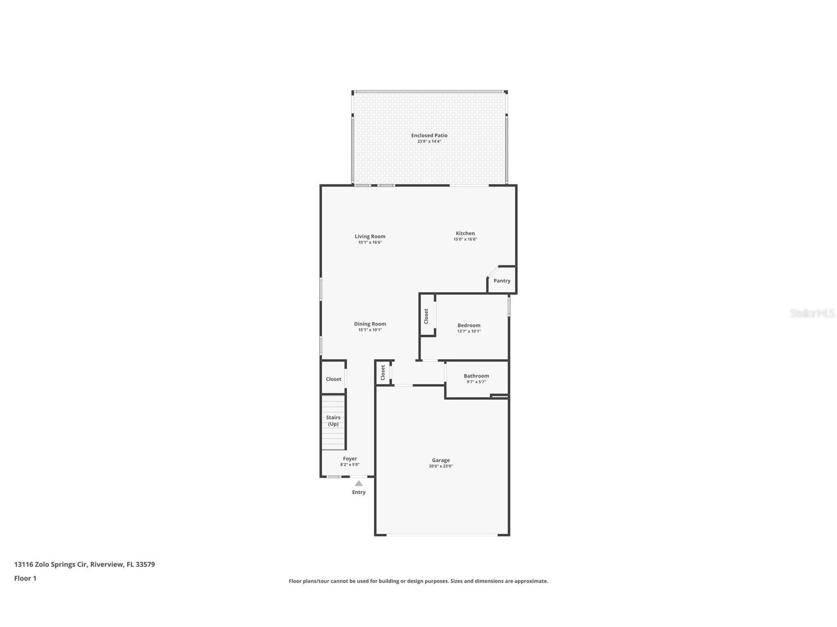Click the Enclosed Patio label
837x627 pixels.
[429, 135]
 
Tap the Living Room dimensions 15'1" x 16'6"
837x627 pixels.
[370, 243]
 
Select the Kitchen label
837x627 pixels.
[465, 233]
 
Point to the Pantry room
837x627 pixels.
[502, 280]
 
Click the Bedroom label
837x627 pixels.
[469, 325]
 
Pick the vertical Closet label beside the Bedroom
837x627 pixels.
[427, 316]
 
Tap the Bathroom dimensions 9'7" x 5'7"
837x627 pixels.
[476, 382]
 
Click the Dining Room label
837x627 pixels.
[370, 324]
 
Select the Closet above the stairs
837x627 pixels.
[333, 379]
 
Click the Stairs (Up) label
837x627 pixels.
[333, 420]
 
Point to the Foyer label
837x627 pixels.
[350, 458]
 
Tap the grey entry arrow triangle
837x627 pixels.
[359, 484]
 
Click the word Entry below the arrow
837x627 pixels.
[359, 492]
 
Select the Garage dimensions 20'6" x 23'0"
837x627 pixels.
[440, 466]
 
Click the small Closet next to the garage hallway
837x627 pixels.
[383, 372]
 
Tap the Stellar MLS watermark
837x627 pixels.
[812, 313]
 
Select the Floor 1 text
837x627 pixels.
[25, 578]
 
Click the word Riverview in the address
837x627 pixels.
[107, 564]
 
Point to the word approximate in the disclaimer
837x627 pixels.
[531, 581]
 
